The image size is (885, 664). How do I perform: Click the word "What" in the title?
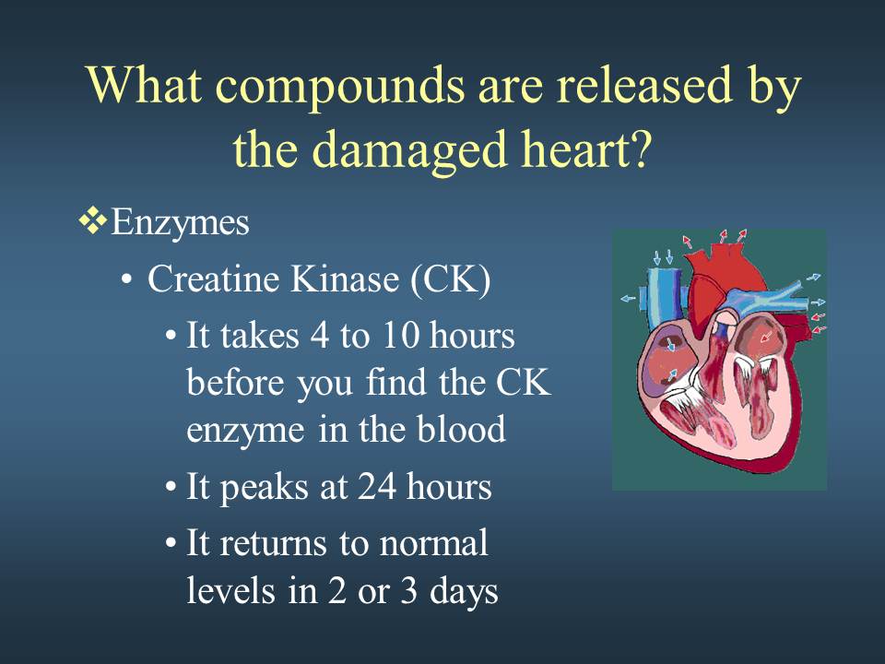[x=144, y=85]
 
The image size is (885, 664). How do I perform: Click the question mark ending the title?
[x=640, y=148]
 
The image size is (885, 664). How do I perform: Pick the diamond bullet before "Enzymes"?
[x=93, y=220]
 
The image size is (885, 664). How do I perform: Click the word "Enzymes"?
[x=180, y=224]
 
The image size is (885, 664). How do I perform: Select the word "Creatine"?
[x=214, y=279]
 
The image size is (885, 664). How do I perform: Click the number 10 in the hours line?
[x=400, y=335]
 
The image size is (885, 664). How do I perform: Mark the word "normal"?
[x=434, y=544]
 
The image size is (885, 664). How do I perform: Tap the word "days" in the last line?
[x=464, y=592]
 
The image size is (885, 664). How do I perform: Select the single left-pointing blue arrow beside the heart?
[x=628, y=298]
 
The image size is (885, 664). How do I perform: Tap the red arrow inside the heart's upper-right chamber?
[x=765, y=338]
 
